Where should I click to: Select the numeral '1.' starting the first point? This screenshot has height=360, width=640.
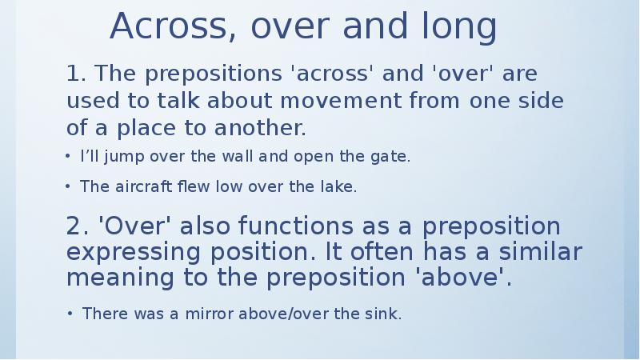77,74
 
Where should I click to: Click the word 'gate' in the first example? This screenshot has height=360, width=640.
393,158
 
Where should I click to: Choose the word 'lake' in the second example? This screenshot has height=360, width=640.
340,187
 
